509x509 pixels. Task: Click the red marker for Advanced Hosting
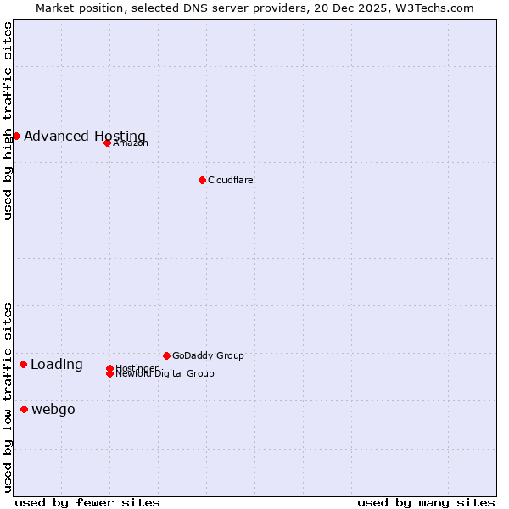[16, 136]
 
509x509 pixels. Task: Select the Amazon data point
[107, 143]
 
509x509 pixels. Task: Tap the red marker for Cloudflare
[202, 180]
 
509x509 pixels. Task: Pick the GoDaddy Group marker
[166, 355]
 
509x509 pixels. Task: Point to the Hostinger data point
[110, 368]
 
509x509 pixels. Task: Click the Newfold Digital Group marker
[110, 374]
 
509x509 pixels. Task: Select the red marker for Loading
[23, 364]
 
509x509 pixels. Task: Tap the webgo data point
[24, 409]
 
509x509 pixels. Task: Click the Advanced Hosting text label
[85, 136]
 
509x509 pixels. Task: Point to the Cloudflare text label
[231, 180]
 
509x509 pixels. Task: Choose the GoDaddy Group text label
[208, 355]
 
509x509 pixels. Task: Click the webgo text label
[53, 410]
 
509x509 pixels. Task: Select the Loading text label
[57, 365]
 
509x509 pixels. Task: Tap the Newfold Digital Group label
[165, 374]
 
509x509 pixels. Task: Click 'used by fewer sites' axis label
[87, 502]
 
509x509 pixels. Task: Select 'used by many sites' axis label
[426, 502]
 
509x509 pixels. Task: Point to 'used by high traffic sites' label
[8, 120]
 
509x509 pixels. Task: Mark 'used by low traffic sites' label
[8, 397]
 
